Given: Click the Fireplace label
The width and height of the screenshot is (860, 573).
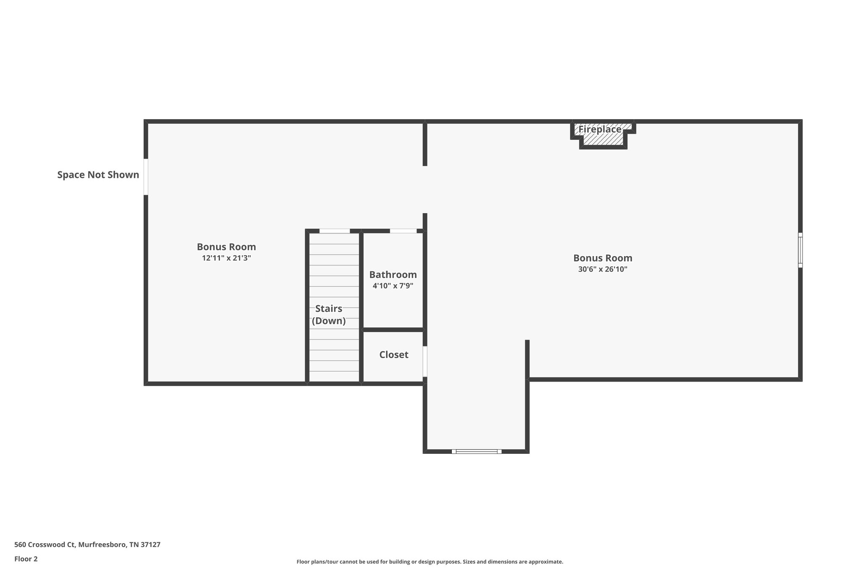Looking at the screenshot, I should (x=600, y=129).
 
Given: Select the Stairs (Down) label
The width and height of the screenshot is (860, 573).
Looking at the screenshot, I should (x=329, y=315).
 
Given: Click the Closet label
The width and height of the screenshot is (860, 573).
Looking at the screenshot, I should (x=393, y=355).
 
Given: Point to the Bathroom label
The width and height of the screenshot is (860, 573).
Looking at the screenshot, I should (x=393, y=275).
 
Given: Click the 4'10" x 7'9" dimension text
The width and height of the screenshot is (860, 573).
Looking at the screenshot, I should (x=393, y=286).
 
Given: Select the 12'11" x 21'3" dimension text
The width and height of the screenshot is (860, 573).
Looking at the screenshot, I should (x=226, y=258).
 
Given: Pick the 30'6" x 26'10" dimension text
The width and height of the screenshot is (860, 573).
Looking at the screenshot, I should (x=603, y=269).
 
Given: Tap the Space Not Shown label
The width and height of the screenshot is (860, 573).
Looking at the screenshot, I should (x=98, y=175).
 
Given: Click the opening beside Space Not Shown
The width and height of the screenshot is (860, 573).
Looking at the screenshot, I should (x=146, y=177).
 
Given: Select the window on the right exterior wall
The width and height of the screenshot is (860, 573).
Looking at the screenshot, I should (x=800, y=250).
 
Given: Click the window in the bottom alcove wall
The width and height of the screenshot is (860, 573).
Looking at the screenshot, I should (x=477, y=452).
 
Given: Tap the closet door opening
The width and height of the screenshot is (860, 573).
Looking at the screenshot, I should (x=425, y=361).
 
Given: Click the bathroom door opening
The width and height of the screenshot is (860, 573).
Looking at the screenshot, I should (x=403, y=231).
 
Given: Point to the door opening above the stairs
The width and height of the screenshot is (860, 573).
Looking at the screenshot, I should (x=334, y=231).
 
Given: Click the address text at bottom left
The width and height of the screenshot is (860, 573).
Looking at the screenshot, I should (x=87, y=545).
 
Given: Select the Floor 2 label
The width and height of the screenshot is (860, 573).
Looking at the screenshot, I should (x=26, y=559).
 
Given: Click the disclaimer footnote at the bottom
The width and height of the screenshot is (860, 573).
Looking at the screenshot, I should (x=430, y=562).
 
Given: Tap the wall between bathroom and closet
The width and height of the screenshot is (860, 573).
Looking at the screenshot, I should (x=393, y=330).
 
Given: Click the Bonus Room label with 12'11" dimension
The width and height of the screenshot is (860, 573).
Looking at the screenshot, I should (x=226, y=247).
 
